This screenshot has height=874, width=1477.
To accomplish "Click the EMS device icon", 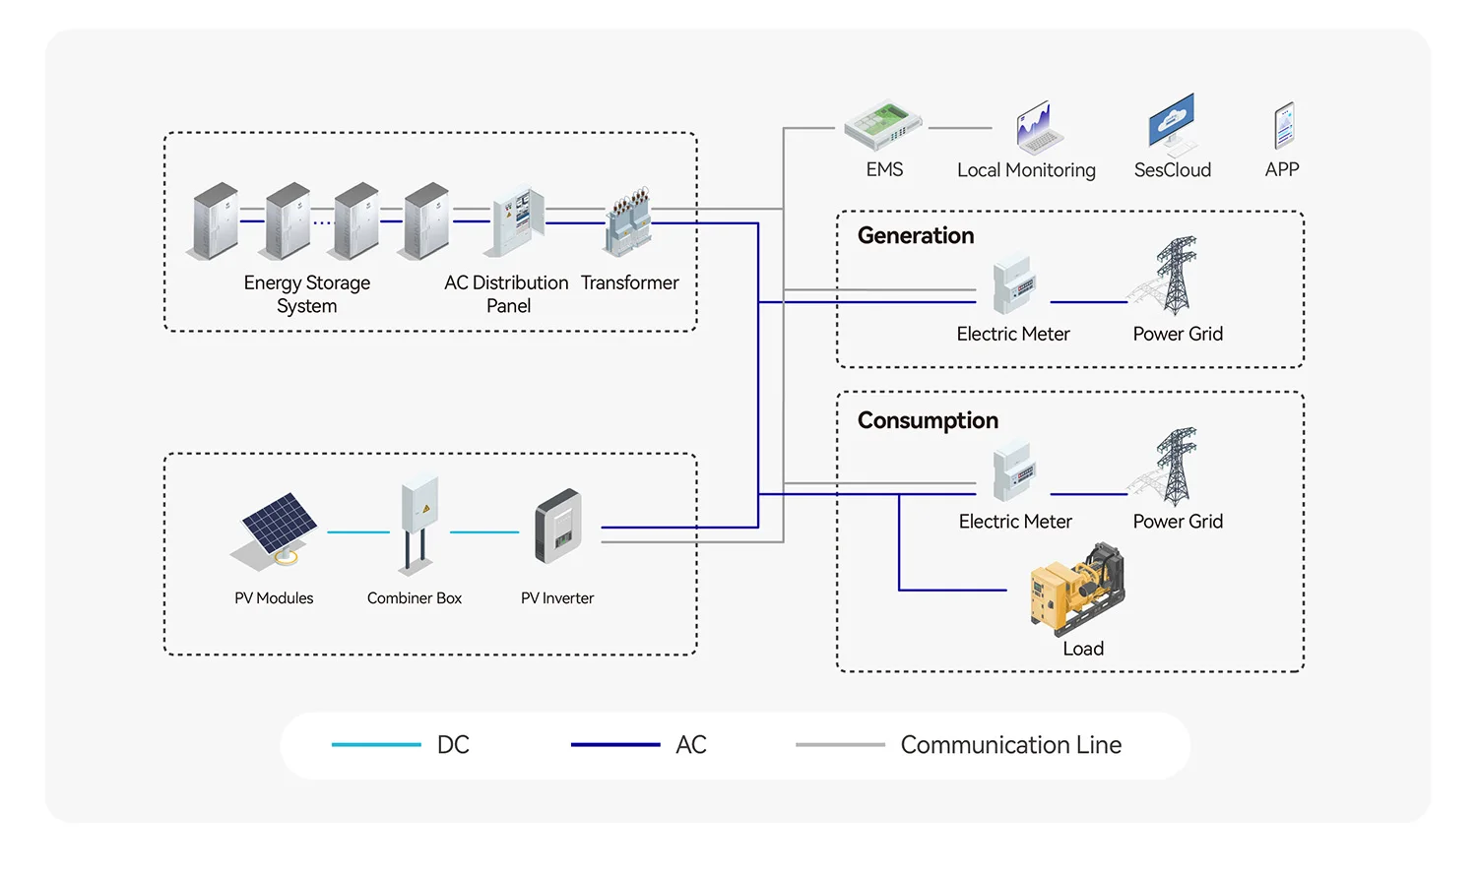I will click(882, 125).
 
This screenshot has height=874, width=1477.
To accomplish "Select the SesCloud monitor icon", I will click(1172, 123).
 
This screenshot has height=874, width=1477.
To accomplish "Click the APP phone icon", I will click(1283, 126).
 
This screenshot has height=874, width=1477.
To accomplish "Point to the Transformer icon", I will click(629, 221).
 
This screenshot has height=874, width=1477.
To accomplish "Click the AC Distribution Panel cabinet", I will click(518, 221).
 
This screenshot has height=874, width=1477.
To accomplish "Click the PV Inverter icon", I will click(558, 527).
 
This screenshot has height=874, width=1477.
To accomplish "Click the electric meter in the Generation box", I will click(1013, 284).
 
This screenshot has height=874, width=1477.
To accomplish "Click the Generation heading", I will click(916, 236).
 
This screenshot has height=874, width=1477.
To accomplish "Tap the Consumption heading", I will click(928, 421).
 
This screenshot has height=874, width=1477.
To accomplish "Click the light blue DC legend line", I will click(376, 745).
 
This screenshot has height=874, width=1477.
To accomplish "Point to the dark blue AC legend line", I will click(615, 745).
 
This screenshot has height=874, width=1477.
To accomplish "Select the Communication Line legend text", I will click(1010, 745).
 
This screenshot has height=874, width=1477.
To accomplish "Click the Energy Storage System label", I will click(307, 294).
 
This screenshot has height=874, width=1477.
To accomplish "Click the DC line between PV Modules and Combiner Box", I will click(358, 532).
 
